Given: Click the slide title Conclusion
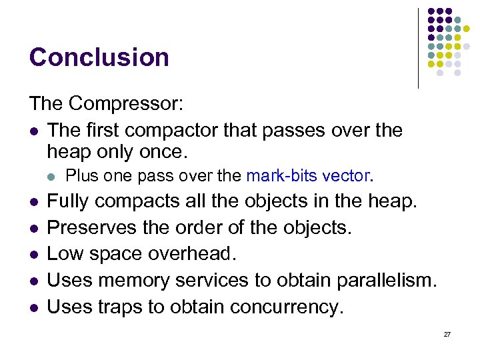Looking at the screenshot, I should pos(99,57).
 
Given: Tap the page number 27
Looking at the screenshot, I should pos(447,334).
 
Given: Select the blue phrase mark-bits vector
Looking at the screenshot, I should pos(309,176).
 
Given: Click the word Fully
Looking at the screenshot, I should pos(71,200).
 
